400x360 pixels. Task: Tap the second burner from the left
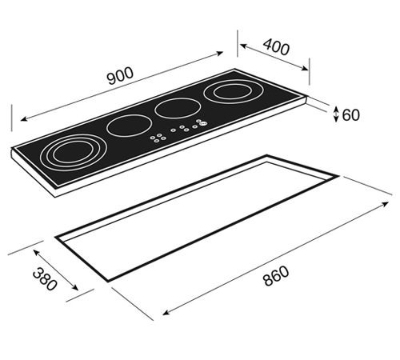(125, 126)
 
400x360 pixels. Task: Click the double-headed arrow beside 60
(335, 114)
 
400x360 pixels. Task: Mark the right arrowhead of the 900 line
(222, 54)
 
